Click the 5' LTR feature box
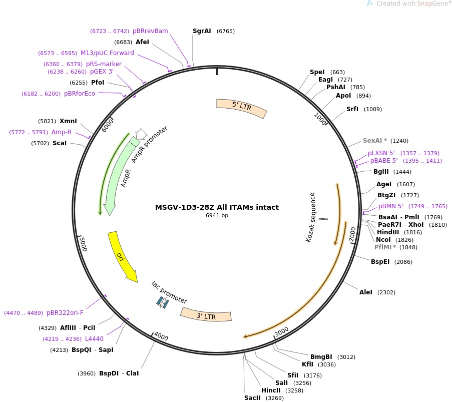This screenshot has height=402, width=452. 241,108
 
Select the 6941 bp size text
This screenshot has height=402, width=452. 217,216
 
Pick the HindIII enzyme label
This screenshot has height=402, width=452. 388,232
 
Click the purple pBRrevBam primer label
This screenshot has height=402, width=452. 150,31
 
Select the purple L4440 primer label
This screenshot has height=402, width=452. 94,339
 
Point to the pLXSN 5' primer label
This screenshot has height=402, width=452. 381,153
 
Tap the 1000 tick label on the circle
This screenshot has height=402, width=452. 320,120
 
